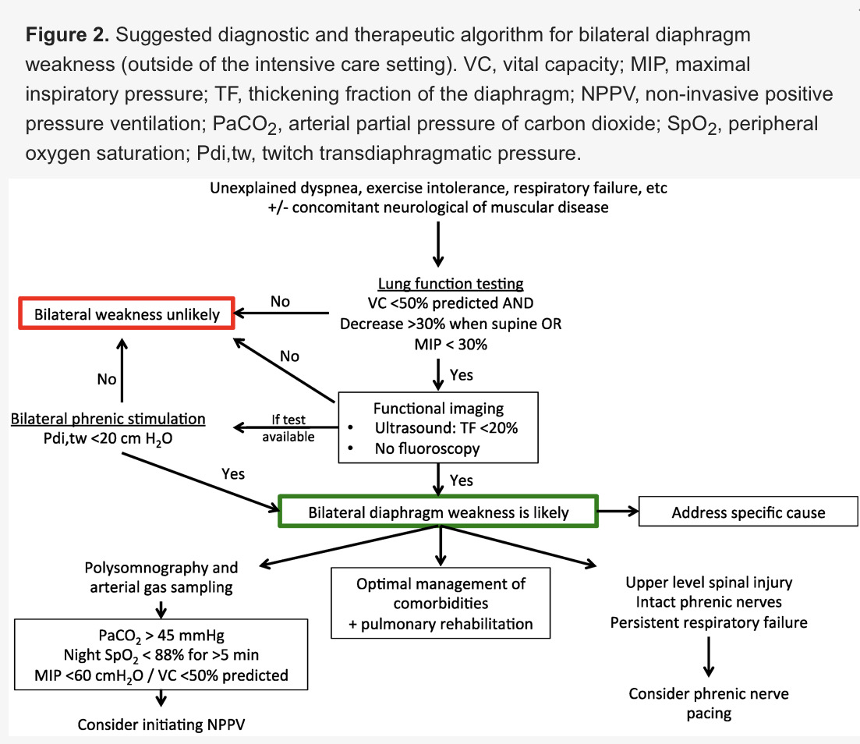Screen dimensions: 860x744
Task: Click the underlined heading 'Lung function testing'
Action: coord(451,284)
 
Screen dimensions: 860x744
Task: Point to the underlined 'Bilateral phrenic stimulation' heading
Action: coord(108,419)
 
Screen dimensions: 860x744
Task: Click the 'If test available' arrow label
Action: coord(288,428)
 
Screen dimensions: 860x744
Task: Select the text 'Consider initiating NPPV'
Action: coord(161,725)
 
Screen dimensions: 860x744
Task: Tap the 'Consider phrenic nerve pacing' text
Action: coord(709,703)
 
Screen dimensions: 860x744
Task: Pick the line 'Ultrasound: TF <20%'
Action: coord(446,428)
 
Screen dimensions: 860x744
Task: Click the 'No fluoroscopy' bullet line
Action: coord(427,448)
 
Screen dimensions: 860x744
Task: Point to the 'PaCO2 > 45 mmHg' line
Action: coord(161,636)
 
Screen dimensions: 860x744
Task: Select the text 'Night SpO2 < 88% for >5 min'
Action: coord(161,655)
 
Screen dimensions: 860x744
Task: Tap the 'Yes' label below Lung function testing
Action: coord(462,375)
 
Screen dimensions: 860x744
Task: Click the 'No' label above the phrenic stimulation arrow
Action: coord(106,379)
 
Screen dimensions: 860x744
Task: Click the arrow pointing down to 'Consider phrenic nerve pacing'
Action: coord(709,657)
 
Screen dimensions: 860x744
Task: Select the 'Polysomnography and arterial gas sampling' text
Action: coord(161,577)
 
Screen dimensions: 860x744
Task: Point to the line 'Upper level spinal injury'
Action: coord(709,582)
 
